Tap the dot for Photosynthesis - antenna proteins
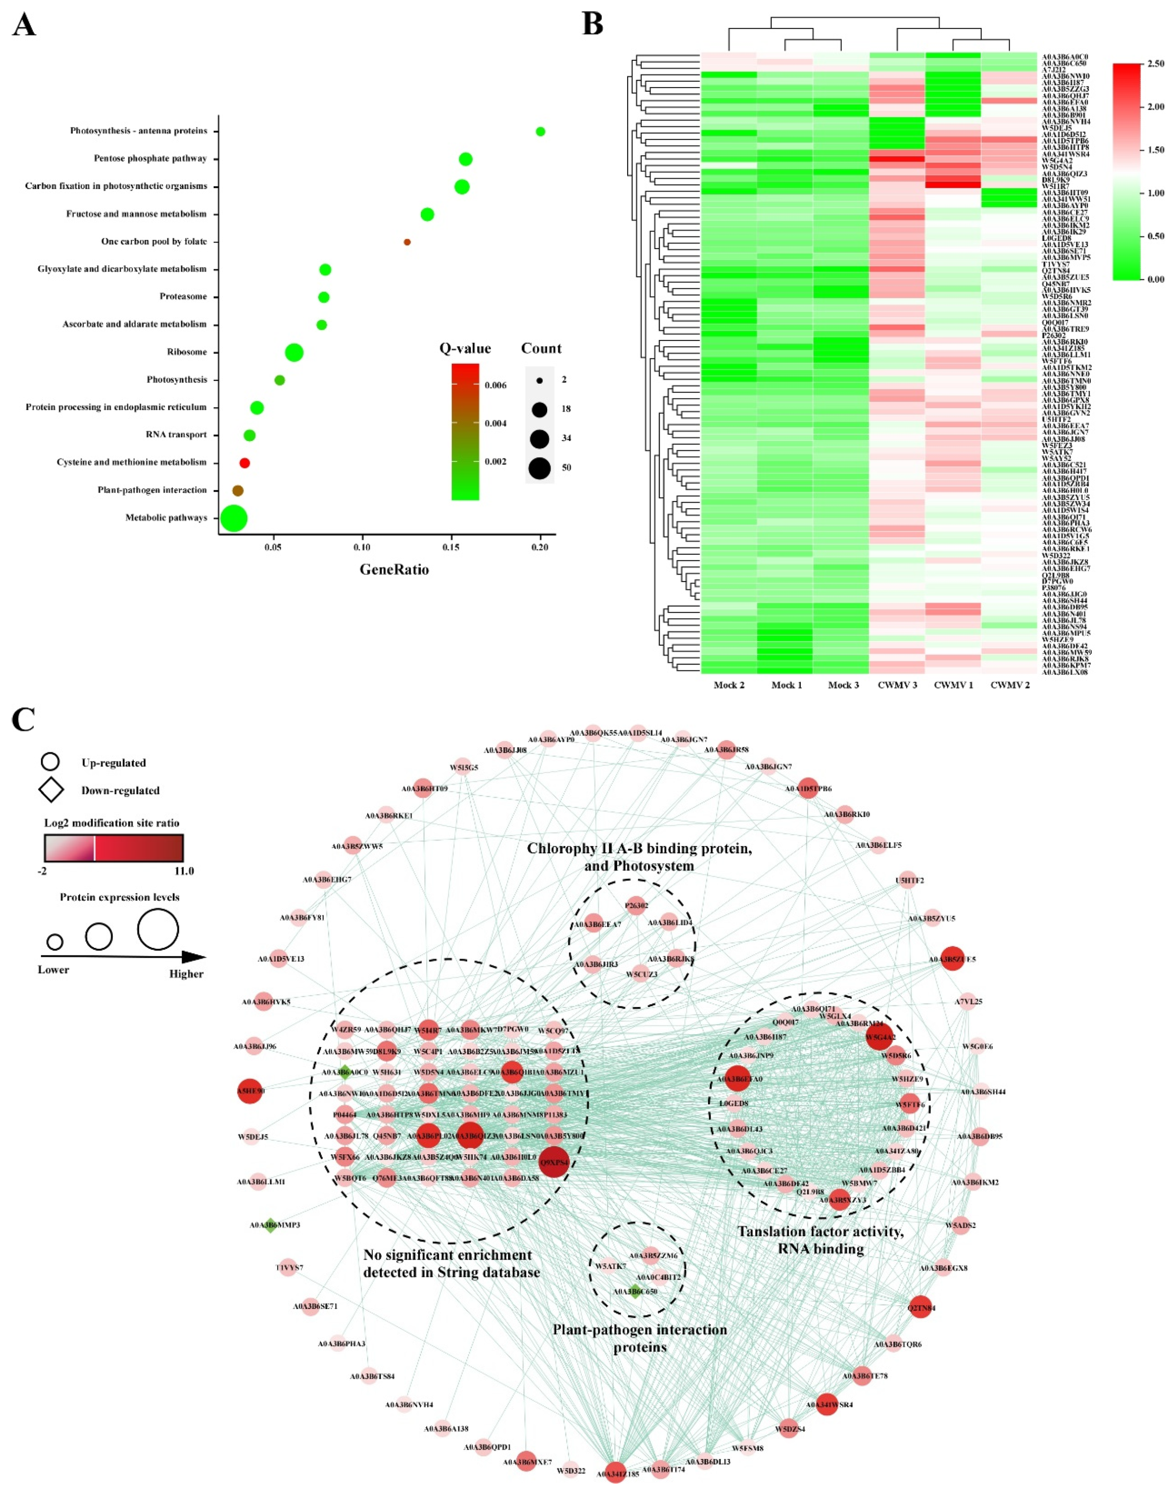tap(540, 132)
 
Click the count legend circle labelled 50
tap(540, 468)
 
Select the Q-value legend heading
tap(465, 348)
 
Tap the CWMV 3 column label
tap(897, 685)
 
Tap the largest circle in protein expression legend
tap(157, 929)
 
